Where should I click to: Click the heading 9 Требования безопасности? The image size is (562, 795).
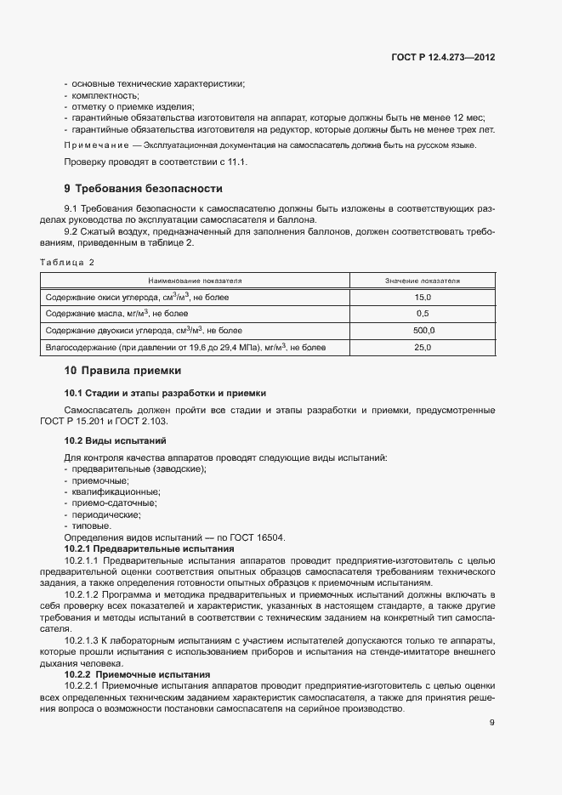point(143,188)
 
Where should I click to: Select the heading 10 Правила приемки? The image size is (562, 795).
point(122,371)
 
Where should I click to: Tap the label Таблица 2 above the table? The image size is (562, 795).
point(67,262)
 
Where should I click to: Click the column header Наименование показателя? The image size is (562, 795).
point(195,280)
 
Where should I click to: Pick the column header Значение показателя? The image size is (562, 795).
point(422,280)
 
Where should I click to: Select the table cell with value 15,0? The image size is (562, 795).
point(422,297)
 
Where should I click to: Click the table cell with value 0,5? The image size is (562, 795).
point(422,314)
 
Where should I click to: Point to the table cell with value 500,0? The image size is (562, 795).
point(422,330)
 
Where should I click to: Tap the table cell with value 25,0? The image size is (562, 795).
point(422,347)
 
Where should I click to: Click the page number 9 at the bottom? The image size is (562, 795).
point(491,723)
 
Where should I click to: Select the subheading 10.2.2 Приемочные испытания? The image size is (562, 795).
point(138,674)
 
